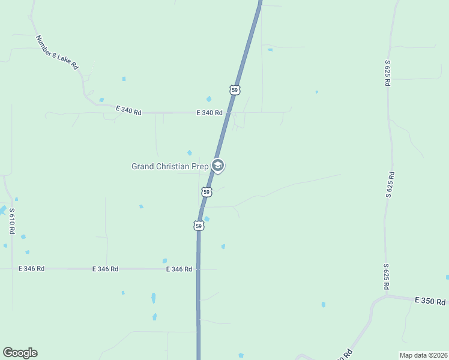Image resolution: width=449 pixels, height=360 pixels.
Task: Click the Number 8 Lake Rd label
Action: (x=56, y=53)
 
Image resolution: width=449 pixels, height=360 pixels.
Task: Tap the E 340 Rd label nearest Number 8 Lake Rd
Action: (x=129, y=111)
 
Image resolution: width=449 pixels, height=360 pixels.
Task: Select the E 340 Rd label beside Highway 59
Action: (x=209, y=113)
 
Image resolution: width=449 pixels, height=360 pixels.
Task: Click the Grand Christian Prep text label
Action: (x=169, y=166)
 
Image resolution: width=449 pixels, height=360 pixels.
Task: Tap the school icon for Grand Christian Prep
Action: (x=218, y=166)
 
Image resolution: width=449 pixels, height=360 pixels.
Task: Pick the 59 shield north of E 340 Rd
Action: (x=235, y=90)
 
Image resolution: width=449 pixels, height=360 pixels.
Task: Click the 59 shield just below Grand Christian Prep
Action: (x=206, y=192)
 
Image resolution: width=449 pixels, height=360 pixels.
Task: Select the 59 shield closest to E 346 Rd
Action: (x=199, y=226)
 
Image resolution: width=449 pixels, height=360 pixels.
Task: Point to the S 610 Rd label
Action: (x=11, y=221)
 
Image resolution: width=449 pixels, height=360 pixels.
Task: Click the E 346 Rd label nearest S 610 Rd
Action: (x=31, y=269)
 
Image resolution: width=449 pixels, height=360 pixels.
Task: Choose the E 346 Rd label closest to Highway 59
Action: (x=179, y=269)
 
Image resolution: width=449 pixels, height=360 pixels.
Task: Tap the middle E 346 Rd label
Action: (x=105, y=269)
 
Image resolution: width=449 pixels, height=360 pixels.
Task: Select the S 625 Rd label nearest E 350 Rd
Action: (x=387, y=276)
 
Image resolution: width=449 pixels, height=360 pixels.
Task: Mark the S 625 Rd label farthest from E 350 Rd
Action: (x=388, y=73)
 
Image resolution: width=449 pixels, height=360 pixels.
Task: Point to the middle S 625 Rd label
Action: (x=390, y=184)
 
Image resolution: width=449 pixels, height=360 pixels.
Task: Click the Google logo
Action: (x=20, y=353)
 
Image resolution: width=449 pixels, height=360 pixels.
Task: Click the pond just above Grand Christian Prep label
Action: (x=190, y=152)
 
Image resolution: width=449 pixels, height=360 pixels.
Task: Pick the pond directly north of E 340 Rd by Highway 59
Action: (x=209, y=99)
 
